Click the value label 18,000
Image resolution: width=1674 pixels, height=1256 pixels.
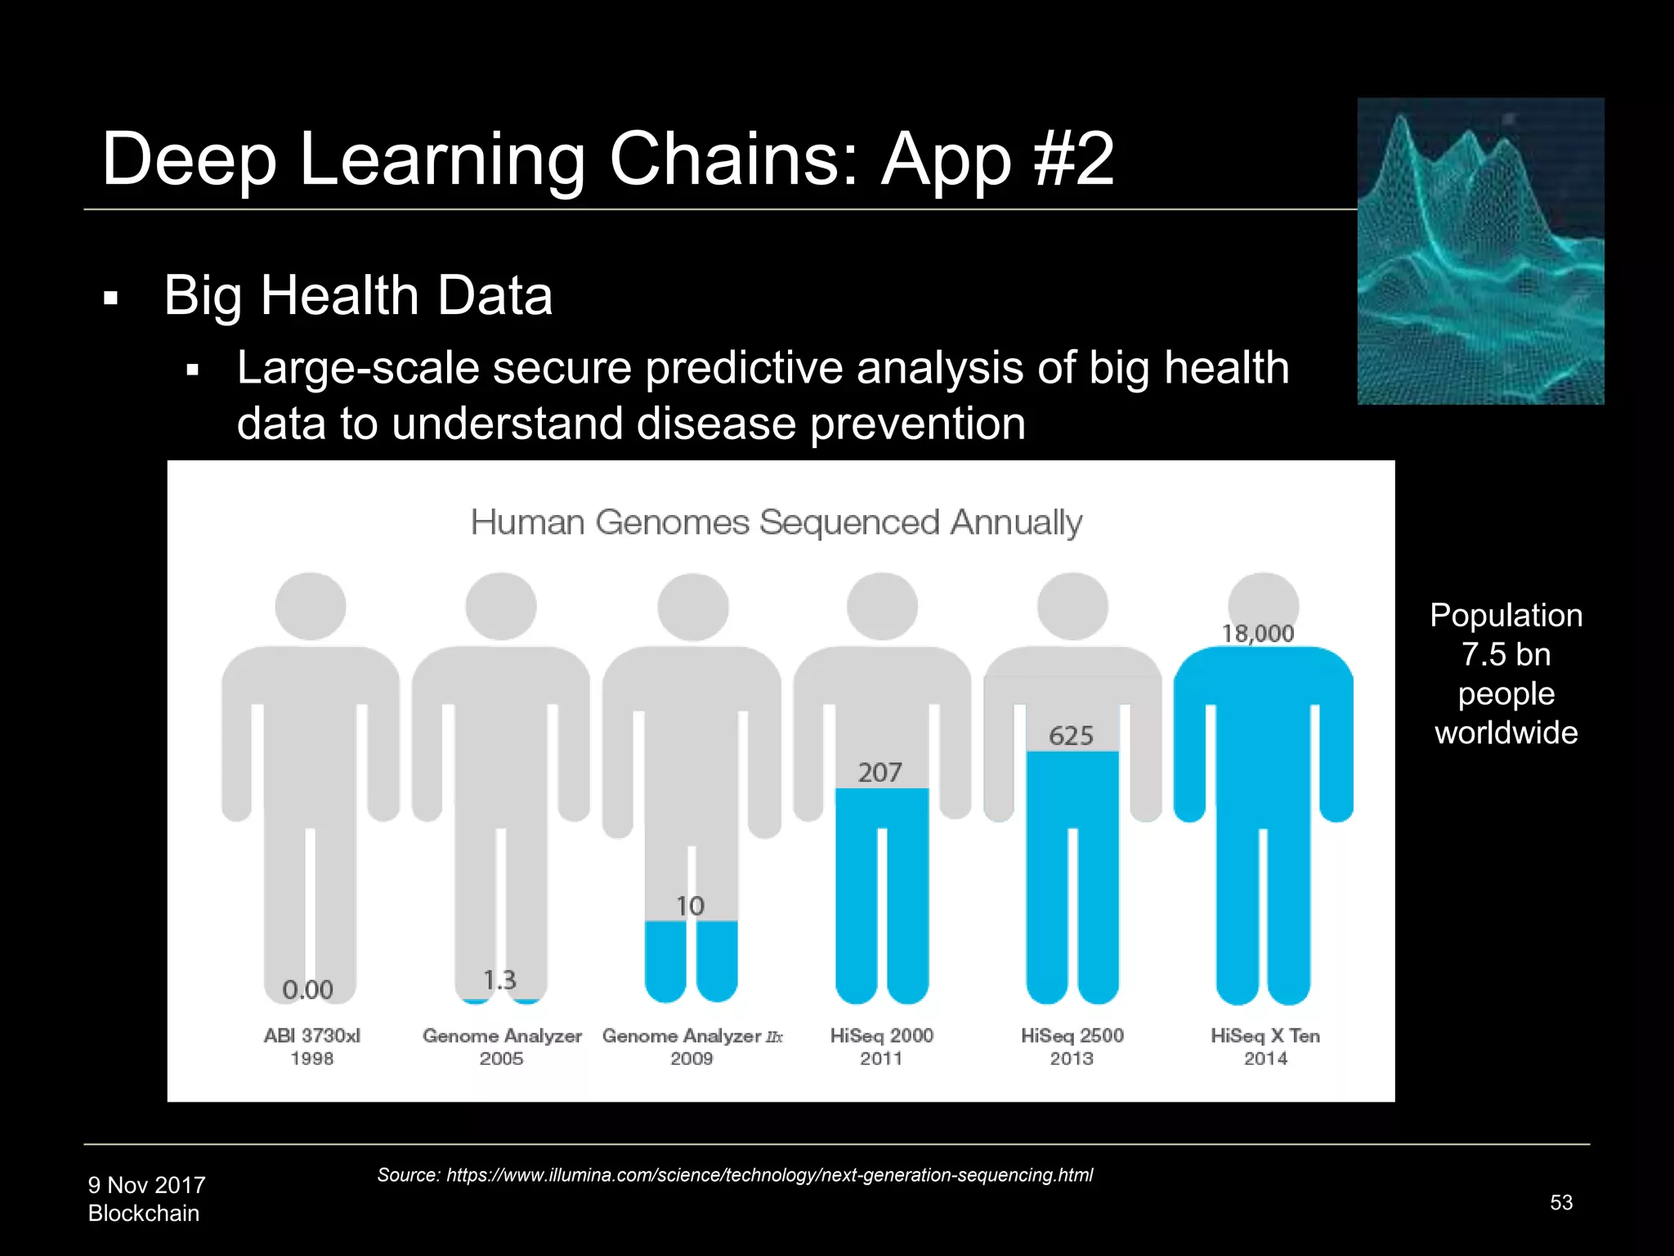click(x=1258, y=634)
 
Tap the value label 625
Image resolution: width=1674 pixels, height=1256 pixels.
click(x=1071, y=736)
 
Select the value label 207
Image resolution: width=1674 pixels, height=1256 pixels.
click(x=880, y=773)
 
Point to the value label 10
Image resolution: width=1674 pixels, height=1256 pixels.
click(x=691, y=906)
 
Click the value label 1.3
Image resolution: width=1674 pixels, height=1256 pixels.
click(x=500, y=980)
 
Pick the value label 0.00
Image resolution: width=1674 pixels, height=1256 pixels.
click(x=308, y=990)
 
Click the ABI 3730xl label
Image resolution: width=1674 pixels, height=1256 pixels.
click(x=311, y=1035)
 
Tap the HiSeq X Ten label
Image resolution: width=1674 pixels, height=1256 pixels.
click(x=1265, y=1035)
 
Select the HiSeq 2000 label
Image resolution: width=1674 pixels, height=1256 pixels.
click(x=881, y=1035)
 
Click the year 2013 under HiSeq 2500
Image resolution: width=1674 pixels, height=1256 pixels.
click(x=1072, y=1059)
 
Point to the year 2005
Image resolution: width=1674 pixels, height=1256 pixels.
click(x=501, y=1059)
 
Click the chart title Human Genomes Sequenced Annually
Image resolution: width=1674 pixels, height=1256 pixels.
click(x=777, y=522)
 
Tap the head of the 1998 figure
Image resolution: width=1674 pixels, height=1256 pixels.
click(x=311, y=607)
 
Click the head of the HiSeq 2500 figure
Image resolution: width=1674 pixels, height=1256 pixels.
click(x=1072, y=607)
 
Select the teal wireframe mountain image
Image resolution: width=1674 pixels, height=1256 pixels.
click(x=1480, y=251)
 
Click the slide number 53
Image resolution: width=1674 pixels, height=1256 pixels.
click(x=1561, y=1202)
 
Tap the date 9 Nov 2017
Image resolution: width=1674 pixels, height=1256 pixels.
click(x=147, y=1185)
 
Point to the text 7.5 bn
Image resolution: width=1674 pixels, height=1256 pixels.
click(x=1506, y=655)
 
